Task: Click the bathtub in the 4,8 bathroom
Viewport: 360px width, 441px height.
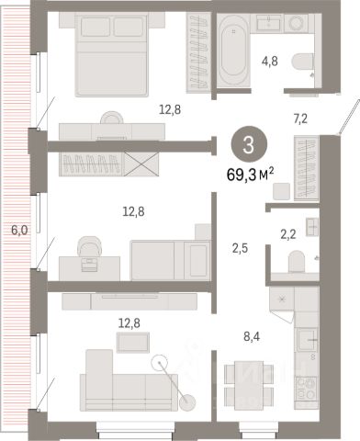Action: (x=233, y=51)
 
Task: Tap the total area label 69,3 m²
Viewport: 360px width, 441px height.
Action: (x=250, y=175)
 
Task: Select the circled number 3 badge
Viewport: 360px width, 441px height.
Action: (x=249, y=144)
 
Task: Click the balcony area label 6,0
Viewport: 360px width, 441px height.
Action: (x=19, y=230)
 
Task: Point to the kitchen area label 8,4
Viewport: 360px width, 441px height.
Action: (x=252, y=337)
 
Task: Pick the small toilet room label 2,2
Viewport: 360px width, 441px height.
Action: (x=288, y=234)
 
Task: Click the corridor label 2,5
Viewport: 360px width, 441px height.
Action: (x=240, y=249)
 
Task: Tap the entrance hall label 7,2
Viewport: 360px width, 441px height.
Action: (x=300, y=119)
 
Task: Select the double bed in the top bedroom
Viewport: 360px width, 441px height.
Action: (x=111, y=55)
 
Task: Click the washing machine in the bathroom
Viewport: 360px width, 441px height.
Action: (x=296, y=23)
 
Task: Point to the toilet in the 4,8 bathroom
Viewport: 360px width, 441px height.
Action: (x=303, y=62)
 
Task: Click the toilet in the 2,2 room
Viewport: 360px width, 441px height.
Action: (x=297, y=261)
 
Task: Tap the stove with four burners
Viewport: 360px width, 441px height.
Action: (x=306, y=388)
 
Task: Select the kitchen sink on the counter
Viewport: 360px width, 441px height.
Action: (x=307, y=340)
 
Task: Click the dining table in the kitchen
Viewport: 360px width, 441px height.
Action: (x=249, y=385)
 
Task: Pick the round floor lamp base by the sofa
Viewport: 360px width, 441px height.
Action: (x=187, y=402)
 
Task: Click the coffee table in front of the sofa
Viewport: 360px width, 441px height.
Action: (x=133, y=343)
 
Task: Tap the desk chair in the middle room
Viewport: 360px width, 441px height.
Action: (x=89, y=246)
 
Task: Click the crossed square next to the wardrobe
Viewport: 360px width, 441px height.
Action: (x=141, y=164)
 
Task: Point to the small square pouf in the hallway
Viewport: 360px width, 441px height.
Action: (x=281, y=191)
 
